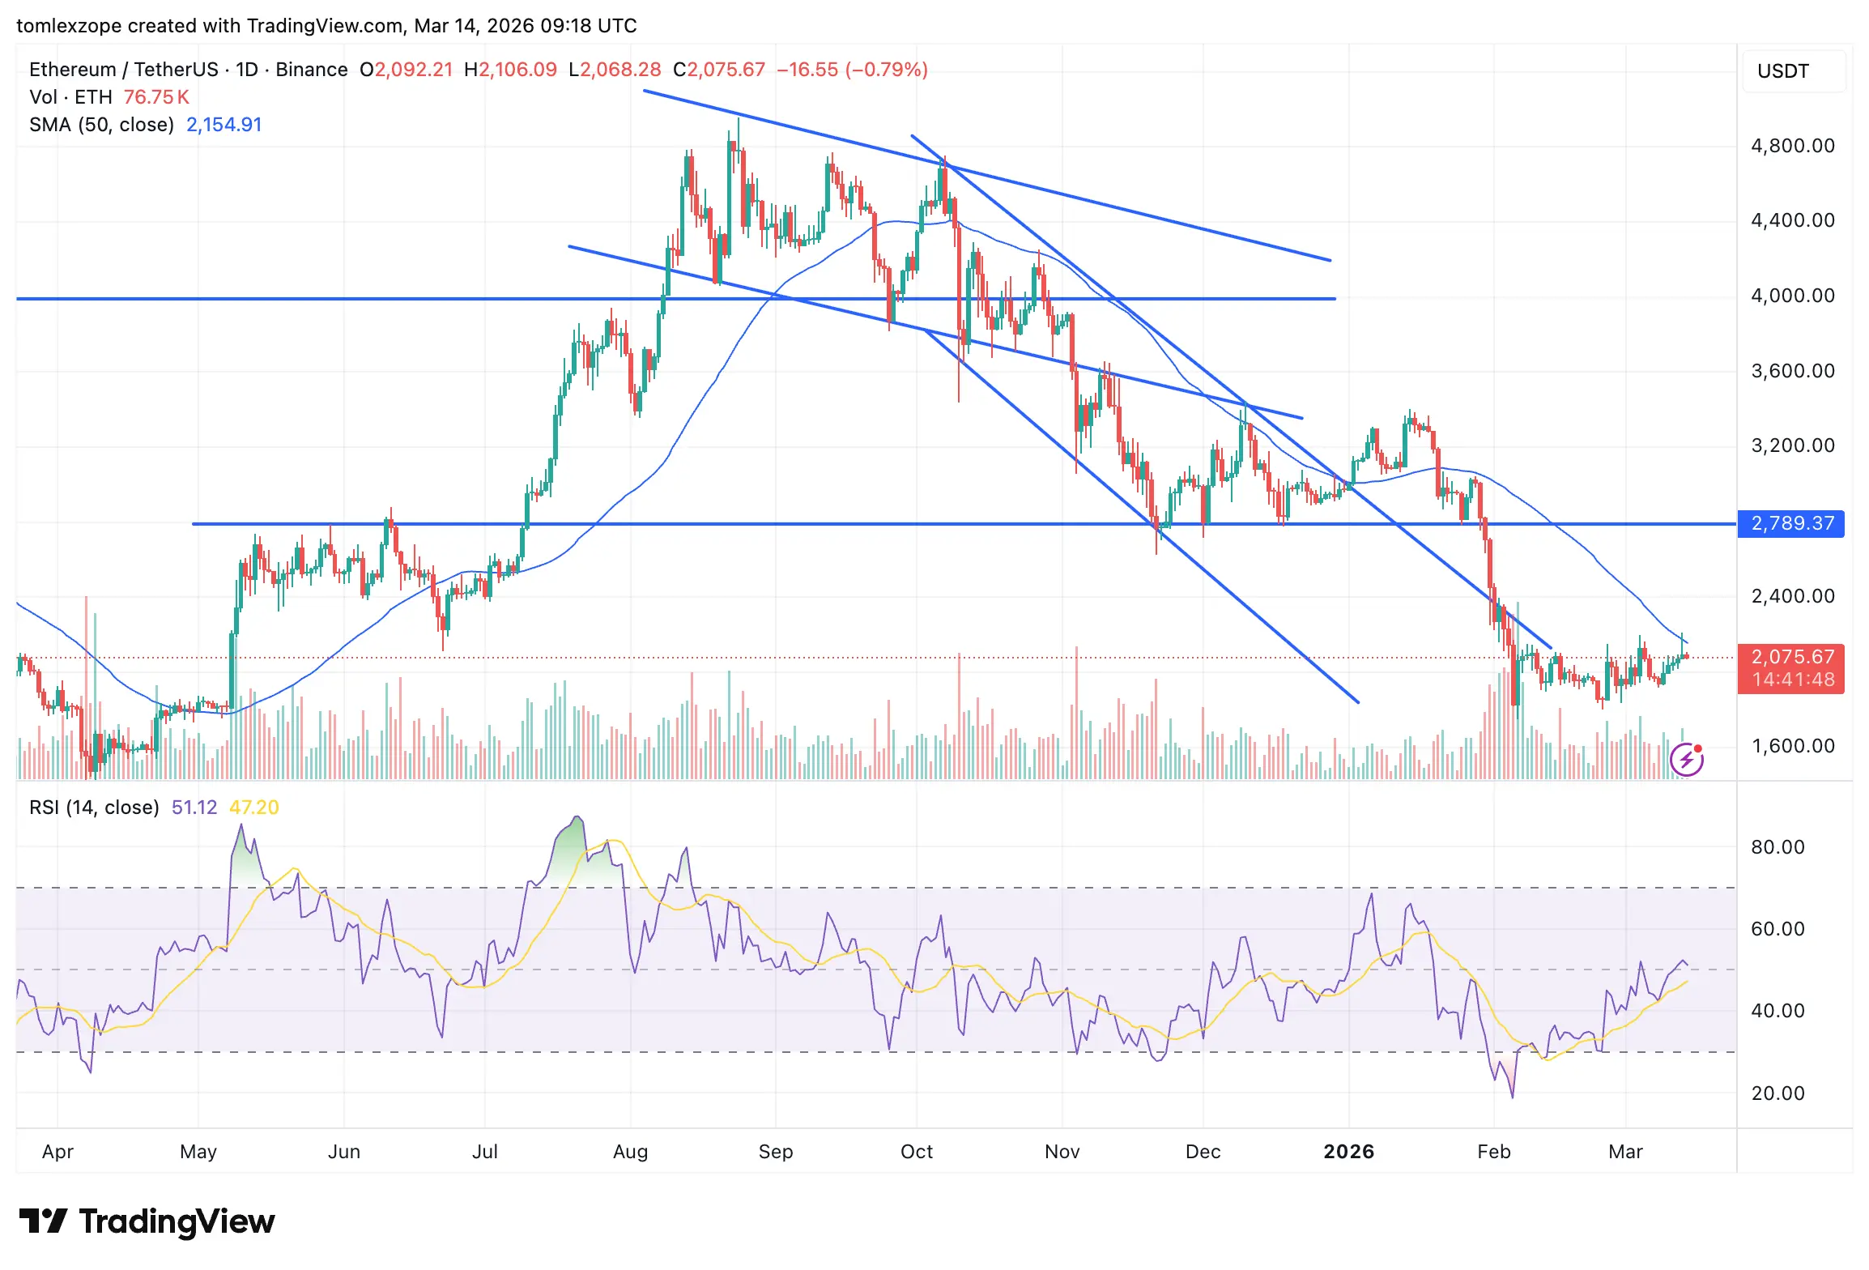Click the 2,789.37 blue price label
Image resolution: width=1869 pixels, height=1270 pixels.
pos(1791,523)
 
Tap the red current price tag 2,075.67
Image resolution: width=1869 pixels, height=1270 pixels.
pos(1791,657)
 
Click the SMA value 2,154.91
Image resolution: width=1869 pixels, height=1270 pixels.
pos(224,125)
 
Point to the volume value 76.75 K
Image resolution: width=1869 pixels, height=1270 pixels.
pos(156,97)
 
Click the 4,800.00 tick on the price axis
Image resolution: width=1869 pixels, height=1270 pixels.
pos(1792,146)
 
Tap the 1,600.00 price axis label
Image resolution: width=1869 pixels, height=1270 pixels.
pos(1792,746)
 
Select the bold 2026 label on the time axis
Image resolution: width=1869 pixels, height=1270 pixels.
pos(1348,1152)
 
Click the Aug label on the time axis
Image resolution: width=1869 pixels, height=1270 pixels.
pos(630,1152)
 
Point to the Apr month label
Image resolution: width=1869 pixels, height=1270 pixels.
pos(57,1152)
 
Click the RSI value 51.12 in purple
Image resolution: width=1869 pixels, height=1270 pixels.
pos(194,808)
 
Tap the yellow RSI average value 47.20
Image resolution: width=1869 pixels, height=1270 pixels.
pos(253,808)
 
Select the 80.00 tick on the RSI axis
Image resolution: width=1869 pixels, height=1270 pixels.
pos(1777,847)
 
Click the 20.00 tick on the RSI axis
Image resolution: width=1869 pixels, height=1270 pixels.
pos(1777,1093)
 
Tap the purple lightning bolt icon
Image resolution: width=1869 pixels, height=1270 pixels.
pos(1687,760)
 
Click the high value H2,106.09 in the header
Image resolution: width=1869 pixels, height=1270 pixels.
pos(510,70)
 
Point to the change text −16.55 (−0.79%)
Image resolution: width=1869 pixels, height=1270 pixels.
pos(852,70)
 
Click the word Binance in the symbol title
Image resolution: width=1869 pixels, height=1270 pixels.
pos(311,70)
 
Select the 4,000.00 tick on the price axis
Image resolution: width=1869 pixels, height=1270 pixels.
pos(1792,296)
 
